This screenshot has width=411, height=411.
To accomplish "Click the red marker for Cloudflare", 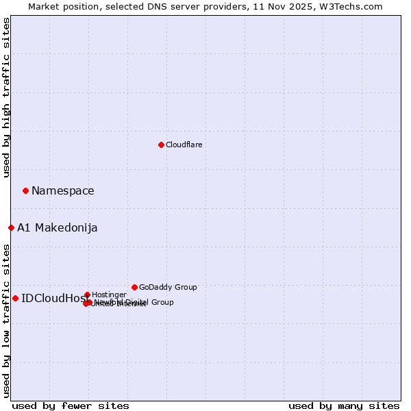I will click(161, 145).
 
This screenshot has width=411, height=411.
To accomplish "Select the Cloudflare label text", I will click(184, 145).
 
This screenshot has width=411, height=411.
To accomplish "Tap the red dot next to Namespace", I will click(25, 190).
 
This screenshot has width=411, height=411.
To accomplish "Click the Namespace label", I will click(62, 191).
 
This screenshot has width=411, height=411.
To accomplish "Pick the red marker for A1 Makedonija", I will click(11, 227).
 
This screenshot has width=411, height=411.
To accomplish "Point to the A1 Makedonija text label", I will click(57, 228).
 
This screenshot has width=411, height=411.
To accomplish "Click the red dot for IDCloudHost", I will click(15, 298).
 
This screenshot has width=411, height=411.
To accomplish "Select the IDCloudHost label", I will click(54, 298).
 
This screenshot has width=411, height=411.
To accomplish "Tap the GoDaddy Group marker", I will click(134, 287).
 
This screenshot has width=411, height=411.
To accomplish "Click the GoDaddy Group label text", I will click(168, 287).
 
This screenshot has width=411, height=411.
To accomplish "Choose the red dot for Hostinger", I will click(87, 295).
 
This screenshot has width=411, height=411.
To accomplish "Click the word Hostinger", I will click(109, 295).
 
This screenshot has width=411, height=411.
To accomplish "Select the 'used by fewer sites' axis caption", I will click(71, 406).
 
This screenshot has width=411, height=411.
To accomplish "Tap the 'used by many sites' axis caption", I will click(344, 406).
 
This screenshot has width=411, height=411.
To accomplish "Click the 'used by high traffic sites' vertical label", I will click(6, 97).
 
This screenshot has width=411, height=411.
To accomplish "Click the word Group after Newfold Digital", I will click(162, 302).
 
